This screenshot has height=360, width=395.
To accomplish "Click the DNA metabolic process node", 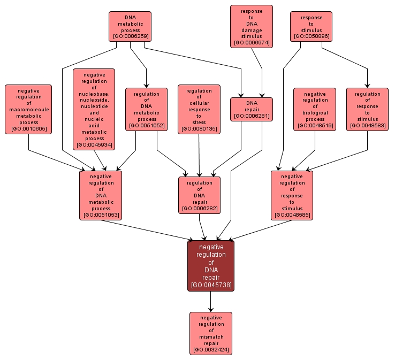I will point(130,27).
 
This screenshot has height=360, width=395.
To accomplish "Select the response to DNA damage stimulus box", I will point(251,26).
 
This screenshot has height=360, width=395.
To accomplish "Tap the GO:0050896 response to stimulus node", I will point(311,26).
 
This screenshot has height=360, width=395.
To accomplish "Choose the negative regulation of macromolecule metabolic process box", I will point(28,109).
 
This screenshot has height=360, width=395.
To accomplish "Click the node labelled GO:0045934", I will point(94,109).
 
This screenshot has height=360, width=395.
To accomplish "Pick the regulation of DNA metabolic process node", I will point(146,109).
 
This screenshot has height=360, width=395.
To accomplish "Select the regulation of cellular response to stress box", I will point(199,109).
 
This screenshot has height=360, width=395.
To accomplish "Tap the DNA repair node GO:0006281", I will point(251,109).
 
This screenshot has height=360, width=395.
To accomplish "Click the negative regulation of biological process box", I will point(315,109).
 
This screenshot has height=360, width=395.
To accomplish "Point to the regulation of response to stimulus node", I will point(367,109).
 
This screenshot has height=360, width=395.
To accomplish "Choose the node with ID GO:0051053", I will point(101,195).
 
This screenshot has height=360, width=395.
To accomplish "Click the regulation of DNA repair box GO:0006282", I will point(199,195).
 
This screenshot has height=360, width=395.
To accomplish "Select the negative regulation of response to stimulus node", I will point(292,195).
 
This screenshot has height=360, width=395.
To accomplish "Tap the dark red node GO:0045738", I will point(210,266).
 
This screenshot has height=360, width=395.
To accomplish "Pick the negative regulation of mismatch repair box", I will point(210,333).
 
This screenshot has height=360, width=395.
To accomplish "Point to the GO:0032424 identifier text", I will point(210,350).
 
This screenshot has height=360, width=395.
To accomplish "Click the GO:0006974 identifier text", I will point(251,42).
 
